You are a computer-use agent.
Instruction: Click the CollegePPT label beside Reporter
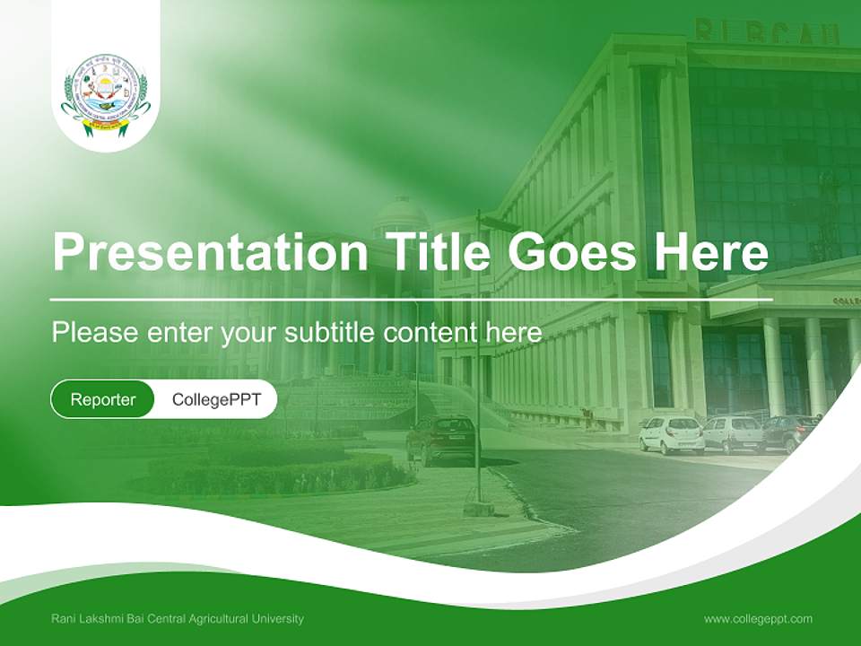coord(216,399)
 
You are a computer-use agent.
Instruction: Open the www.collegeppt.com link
coord(758,618)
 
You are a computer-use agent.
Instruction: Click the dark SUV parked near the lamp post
coord(441,437)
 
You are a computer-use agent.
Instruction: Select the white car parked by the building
coord(671,434)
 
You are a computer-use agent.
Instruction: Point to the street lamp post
coord(479,359)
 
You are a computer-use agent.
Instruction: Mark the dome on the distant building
coord(400,215)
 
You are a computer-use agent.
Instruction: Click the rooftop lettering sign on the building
coord(767,32)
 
